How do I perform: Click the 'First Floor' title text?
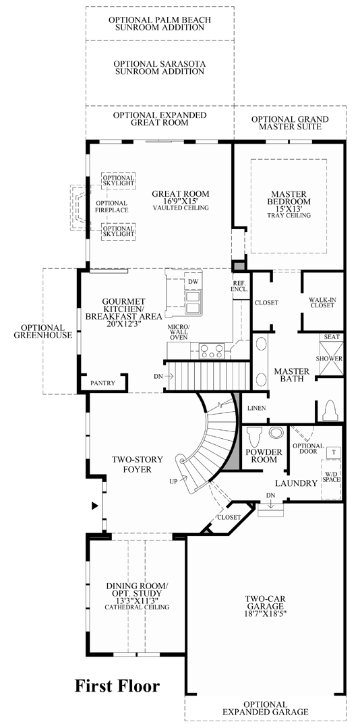(x=117, y=686)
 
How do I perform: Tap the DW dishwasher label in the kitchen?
(x=193, y=281)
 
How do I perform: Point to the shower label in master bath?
(x=332, y=358)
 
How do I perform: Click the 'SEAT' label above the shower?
(x=332, y=337)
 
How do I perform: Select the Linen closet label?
(x=257, y=408)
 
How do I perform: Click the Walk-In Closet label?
(x=322, y=302)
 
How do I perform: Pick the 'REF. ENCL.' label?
(x=240, y=286)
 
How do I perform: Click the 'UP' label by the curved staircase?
(x=174, y=481)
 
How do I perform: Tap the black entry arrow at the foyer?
(x=95, y=504)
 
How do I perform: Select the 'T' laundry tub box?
(x=334, y=451)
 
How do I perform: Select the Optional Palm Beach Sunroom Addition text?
(x=160, y=24)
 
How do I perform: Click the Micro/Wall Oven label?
(x=179, y=332)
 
